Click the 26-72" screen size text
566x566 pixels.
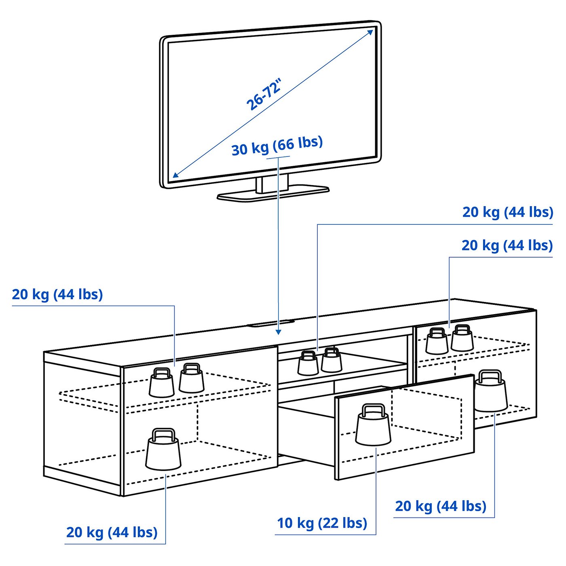point(264,95)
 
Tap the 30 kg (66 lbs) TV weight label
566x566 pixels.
point(277,146)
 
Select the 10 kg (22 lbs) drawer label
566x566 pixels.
point(322,523)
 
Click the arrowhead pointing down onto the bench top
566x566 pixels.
point(278,332)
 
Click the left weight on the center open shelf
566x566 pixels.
point(308,364)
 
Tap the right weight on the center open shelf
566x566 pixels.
point(332,361)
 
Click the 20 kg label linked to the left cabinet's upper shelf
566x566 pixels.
point(57,294)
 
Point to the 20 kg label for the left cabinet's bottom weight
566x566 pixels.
point(112,532)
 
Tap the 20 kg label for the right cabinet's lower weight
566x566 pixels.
point(440,506)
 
